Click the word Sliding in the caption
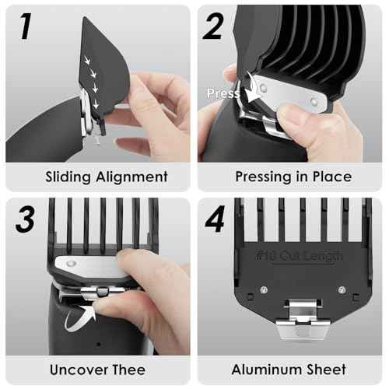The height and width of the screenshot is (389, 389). tap(68, 177)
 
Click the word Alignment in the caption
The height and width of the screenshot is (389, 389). tap(128, 177)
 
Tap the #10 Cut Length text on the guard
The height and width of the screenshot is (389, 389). tap(293, 254)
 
